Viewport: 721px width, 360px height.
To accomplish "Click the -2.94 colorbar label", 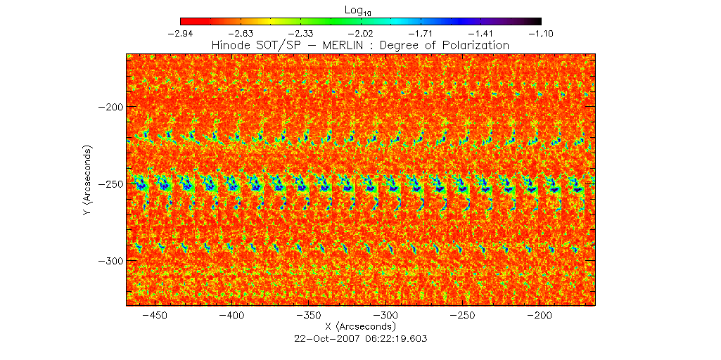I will [181, 33].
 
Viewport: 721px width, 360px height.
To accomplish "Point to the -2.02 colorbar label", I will [362, 33].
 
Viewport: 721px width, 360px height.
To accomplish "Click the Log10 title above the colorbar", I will [361, 9].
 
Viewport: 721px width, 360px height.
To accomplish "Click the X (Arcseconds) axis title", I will [361, 327].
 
